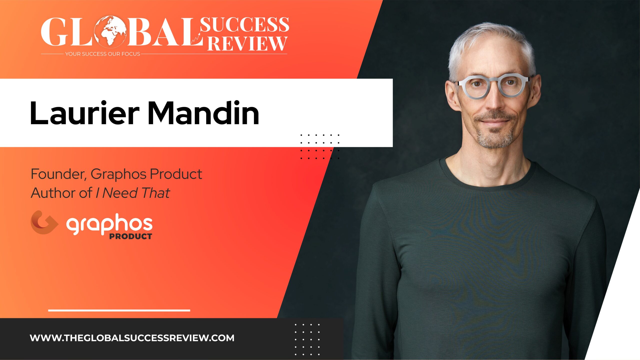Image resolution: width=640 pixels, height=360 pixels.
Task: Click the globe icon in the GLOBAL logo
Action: point(110,31)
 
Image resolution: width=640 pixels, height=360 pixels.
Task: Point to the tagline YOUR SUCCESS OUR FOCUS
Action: point(102,54)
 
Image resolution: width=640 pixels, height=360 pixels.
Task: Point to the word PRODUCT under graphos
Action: point(130,236)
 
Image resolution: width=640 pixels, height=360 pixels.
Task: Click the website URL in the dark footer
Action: point(132,338)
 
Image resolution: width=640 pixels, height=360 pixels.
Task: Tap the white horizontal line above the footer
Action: point(119,310)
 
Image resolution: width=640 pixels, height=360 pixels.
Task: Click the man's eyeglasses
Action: point(492,86)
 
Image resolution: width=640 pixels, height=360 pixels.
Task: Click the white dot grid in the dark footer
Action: point(307,339)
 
